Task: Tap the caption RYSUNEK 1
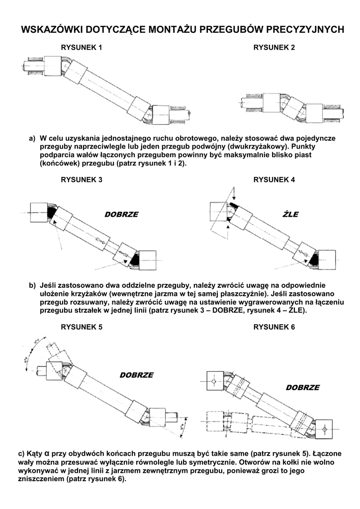point(82,48)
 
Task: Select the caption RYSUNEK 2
point(274,48)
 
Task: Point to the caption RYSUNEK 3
point(82,180)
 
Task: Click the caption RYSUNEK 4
point(274,180)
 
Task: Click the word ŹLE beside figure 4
point(290,215)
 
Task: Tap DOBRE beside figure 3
point(121,215)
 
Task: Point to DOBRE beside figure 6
point(302,387)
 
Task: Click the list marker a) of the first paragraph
point(32,138)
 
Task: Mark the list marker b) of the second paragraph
point(32,285)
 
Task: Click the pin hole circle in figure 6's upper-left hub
point(213,382)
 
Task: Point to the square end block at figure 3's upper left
point(38,212)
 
